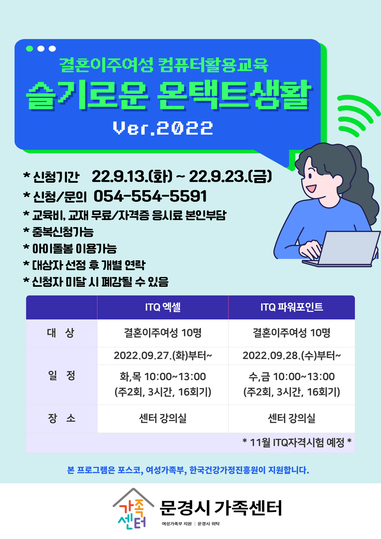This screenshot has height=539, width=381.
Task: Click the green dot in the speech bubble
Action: point(29,49)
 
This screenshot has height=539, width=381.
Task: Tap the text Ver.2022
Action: point(163,128)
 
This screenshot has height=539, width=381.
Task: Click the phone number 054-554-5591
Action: point(150,196)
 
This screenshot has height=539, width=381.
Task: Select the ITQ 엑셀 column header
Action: point(163,307)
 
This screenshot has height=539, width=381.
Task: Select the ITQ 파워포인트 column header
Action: point(291,307)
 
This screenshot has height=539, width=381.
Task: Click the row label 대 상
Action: point(60,333)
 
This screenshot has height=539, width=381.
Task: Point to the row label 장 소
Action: point(61,418)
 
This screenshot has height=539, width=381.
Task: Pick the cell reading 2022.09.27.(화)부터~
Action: point(163,355)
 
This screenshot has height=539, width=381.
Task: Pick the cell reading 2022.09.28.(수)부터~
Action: point(291,355)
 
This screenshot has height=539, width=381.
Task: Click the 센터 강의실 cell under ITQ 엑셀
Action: point(163,418)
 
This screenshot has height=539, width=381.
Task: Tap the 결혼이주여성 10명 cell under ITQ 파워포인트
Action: point(291,333)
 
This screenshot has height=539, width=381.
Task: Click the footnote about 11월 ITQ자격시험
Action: point(297,442)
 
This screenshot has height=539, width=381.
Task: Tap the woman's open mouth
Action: point(311,188)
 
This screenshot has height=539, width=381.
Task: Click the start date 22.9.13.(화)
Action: point(132,176)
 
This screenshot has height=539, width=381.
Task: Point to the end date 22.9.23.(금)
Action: point(230,176)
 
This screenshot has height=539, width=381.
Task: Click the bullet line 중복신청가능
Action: point(59,232)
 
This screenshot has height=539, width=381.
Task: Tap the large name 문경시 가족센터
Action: point(220,508)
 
